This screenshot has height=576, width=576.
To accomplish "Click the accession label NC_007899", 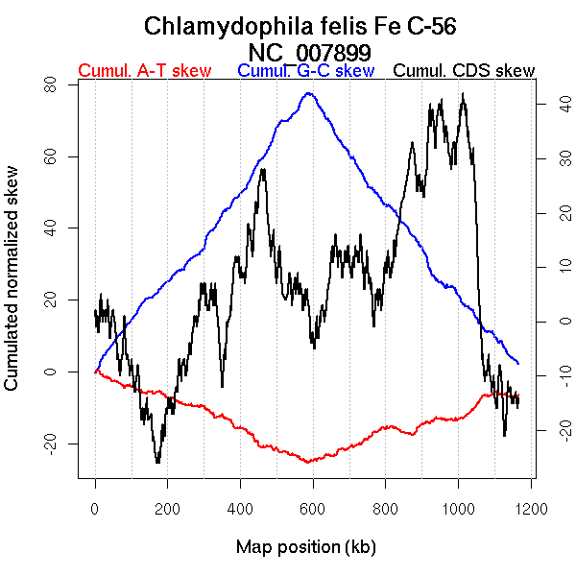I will (x=308, y=52).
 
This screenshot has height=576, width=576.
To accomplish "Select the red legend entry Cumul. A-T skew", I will (x=144, y=71).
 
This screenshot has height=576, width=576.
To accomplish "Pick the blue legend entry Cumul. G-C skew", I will (x=305, y=71).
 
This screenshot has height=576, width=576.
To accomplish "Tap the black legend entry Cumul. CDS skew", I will (x=465, y=71).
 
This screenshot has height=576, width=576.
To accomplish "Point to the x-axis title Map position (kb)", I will (x=306, y=547).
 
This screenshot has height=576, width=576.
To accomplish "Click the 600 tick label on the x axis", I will (x=313, y=508).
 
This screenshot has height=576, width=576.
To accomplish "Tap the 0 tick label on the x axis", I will (x=95, y=508).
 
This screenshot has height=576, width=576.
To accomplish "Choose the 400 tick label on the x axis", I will (x=240, y=508).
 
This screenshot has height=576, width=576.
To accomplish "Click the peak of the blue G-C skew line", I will (x=308, y=93).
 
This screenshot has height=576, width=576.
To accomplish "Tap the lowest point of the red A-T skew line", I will (x=308, y=463).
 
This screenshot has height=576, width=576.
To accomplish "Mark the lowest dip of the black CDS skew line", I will (x=158, y=463).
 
